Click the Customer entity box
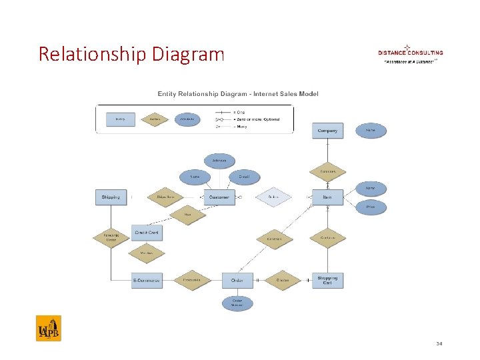point(219,197)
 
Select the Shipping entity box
point(111,197)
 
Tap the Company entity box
point(327,131)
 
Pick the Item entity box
point(327,197)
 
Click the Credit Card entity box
point(147,233)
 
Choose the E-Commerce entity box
point(147,281)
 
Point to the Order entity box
point(237,281)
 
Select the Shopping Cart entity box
point(327,280)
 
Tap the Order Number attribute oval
point(237,303)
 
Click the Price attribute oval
point(371,207)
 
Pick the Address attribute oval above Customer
point(219,161)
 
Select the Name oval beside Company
point(371,131)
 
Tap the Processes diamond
point(191,281)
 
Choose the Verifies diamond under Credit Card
point(147,253)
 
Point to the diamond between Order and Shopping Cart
point(283,281)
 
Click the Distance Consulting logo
point(410,53)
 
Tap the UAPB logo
point(48,328)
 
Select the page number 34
point(439,344)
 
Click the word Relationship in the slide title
point(93,53)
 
